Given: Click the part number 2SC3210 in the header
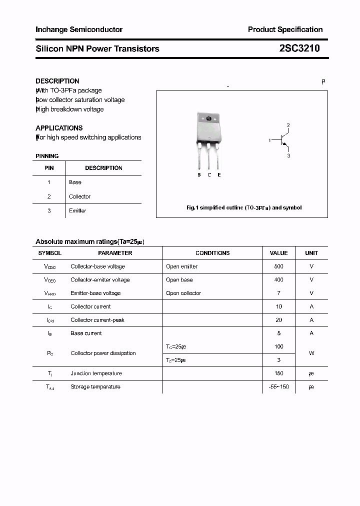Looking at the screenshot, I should tap(299, 48).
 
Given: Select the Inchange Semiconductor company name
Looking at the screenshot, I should tap(79, 29).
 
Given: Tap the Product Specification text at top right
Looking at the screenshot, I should tap(285, 29).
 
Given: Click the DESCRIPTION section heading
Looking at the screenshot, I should tap(57, 81).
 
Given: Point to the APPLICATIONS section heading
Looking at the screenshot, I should tap(59, 128).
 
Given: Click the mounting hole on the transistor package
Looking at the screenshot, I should tap(209, 119).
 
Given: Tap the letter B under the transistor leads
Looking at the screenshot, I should tap(199, 175).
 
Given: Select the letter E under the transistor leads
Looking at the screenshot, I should tap(219, 175).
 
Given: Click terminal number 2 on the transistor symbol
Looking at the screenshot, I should tap(288, 125).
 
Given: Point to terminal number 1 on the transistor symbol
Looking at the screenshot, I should tap(269, 140).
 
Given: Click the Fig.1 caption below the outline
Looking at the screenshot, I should tap(243, 207).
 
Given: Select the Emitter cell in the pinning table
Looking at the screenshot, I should tap(77, 210).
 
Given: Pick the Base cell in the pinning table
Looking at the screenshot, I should tap(75, 182).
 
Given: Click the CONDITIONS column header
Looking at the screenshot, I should tap(212, 253).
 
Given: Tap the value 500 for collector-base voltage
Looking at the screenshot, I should tap(278, 266).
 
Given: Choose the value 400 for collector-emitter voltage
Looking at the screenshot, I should tap(278, 280).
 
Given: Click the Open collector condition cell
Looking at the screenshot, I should tap(183, 293).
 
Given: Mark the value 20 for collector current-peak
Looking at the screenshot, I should tap(278, 320).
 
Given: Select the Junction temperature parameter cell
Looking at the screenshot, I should tap(95, 373).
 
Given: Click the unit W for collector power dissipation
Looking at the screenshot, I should tap(311, 353).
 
